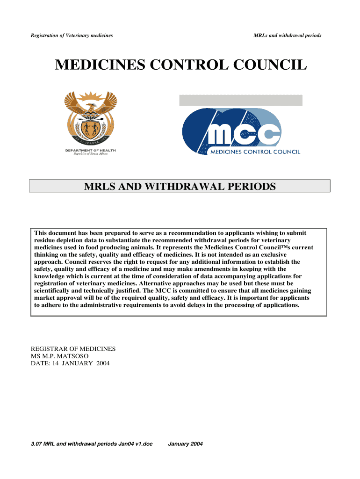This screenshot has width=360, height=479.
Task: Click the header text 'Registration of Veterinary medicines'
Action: point(72,36)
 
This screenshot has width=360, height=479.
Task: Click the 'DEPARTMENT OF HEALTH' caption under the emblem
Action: point(91,151)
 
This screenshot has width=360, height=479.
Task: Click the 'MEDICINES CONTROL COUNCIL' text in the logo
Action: point(255,152)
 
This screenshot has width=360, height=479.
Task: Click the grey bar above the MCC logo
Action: point(241,100)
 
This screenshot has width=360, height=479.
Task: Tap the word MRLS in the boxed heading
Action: point(100,187)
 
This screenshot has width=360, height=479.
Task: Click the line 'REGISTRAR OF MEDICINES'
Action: point(73,349)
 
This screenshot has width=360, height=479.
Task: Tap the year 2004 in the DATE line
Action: point(102,363)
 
